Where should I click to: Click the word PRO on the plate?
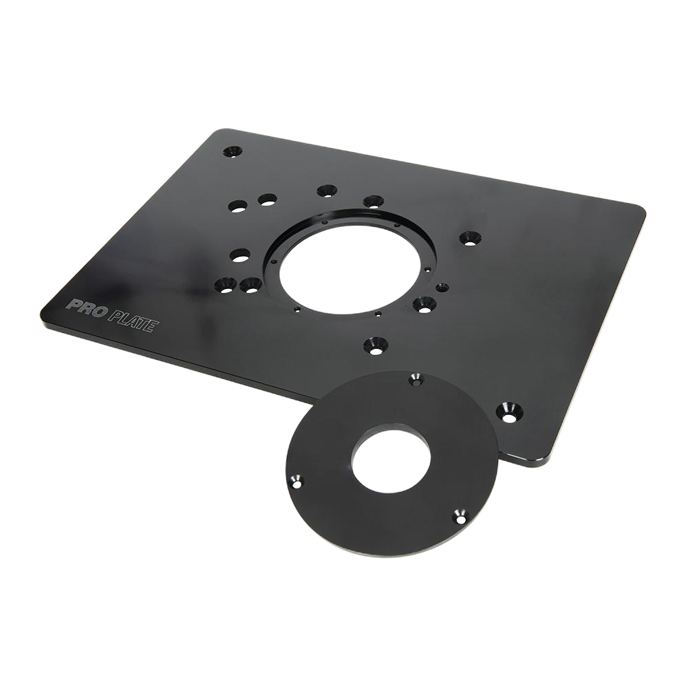(86, 305)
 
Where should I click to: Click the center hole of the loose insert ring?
(391, 460)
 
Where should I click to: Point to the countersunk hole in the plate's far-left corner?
(233, 151)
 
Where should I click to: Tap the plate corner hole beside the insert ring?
(510, 412)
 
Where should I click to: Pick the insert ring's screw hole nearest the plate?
(416, 379)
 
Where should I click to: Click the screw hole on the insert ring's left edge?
(297, 484)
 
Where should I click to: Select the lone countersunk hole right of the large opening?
(470, 238)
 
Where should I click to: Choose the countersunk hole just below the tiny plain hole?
(424, 303)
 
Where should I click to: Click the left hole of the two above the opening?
(327, 191)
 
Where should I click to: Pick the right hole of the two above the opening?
(373, 202)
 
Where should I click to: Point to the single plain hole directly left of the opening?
(240, 255)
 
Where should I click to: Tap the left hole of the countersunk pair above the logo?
(225, 284)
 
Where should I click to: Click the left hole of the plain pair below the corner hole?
(238, 206)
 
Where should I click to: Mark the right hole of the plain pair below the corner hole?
(267, 200)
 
